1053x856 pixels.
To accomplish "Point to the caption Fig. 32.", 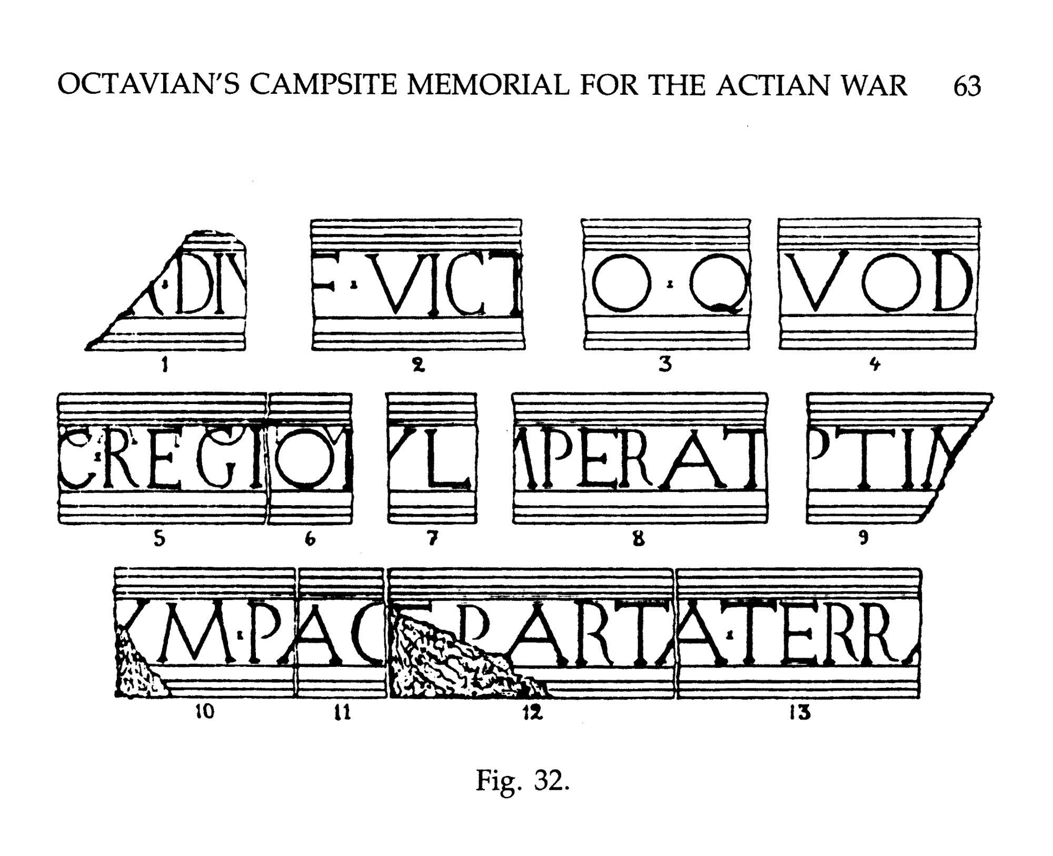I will [x=522, y=780].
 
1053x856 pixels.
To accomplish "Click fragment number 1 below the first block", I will [x=165, y=364].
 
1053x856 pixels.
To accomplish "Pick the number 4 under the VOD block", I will [x=875, y=364].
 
